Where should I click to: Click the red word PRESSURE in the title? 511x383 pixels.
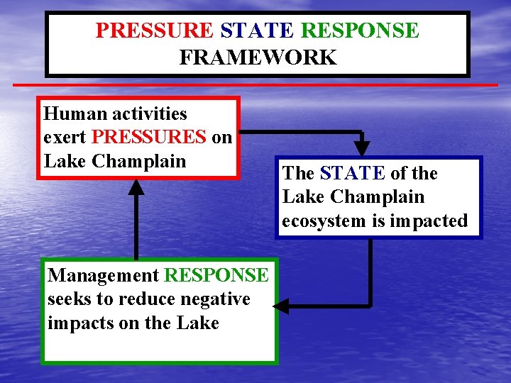point(154,30)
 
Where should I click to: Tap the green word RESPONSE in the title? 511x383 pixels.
point(360,30)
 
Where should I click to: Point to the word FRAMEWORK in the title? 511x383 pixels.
point(258,57)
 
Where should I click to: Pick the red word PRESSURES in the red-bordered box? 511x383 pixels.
point(150,137)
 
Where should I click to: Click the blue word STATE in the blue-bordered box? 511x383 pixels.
point(353,173)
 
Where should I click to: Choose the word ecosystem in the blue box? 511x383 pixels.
point(324,221)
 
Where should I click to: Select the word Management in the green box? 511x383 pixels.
point(103,275)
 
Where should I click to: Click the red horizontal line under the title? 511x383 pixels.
point(255,85)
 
